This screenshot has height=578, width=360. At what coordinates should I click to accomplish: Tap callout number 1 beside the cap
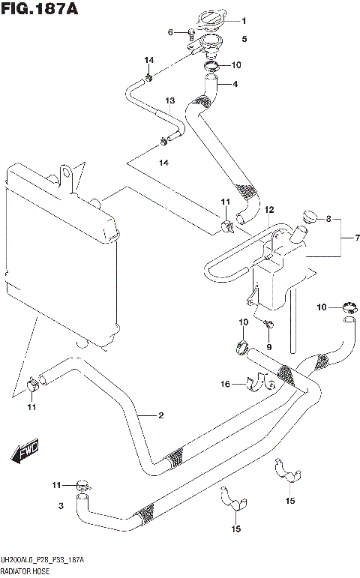coord(242,21)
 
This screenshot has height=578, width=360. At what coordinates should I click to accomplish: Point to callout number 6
coord(170,31)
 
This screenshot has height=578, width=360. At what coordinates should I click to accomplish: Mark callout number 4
coord(235,84)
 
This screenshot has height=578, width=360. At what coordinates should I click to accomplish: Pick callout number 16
coord(225,385)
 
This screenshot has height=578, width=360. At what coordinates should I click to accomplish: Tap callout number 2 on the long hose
coord(160,415)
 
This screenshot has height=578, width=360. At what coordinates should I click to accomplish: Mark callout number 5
coord(243,38)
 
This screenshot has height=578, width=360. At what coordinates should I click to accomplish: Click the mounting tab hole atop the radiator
coord(67,174)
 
